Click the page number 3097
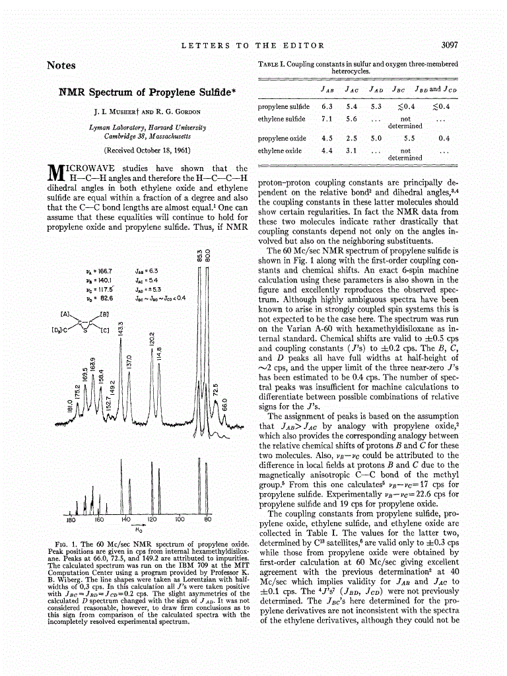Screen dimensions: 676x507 click(x=449, y=46)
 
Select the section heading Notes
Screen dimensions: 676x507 click(x=61, y=65)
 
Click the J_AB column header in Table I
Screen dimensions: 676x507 click(x=327, y=88)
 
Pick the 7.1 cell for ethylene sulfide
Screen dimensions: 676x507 click(x=327, y=119)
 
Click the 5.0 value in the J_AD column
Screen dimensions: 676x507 click(x=376, y=139)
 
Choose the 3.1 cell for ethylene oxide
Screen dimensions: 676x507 click(x=352, y=151)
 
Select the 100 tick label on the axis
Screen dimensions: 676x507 click(x=179, y=520)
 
